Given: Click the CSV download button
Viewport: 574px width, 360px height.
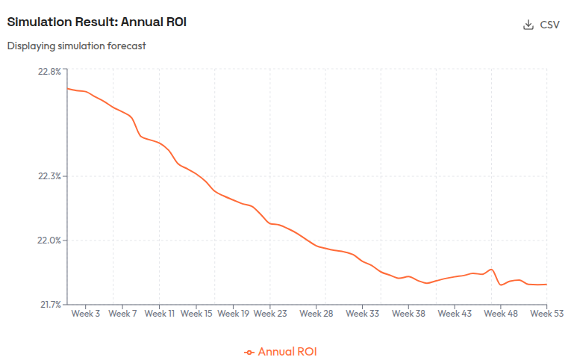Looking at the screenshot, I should pyautogui.click(x=542, y=25).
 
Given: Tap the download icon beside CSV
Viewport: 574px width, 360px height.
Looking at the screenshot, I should pyautogui.click(x=528, y=25).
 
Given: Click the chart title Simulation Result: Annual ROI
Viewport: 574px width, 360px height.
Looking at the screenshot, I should pyautogui.click(x=97, y=22).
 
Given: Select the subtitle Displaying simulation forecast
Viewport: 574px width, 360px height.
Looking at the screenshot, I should pyautogui.click(x=76, y=46).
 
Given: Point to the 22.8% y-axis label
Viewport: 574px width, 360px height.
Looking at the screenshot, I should pyautogui.click(x=49, y=72).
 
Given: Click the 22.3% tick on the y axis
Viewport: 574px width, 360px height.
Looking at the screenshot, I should pyautogui.click(x=49, y=176).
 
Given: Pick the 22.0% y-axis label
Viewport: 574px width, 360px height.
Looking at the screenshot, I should pyautogui.click(x=49, y=240).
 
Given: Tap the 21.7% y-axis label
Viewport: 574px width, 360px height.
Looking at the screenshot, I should pyautogui.click(x=49, y=305).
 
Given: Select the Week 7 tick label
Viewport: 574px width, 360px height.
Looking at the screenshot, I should pyautogui.click(x=122, y=314).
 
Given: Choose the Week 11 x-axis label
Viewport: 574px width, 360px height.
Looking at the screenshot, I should pyautogui.click(x=159, y=314).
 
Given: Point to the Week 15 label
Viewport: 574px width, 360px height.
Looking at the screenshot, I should pyautogui.click(x=196, y=314).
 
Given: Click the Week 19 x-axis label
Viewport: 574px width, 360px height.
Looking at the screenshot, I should pyautogui.click(x=233, y=314).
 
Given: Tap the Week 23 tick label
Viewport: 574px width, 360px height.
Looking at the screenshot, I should pyautogui.click(x=270, y=314).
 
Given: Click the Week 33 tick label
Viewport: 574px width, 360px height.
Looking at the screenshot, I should pyautogui.click(x=363, y=314).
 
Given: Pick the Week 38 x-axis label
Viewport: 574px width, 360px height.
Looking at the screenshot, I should pyautogui.click(x=409, y=314).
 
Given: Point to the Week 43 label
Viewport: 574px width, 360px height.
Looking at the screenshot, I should pyautogui.click(x=455, y=314).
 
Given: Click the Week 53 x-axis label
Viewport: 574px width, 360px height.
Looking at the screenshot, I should pyautogui.click(x=546, y=314).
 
